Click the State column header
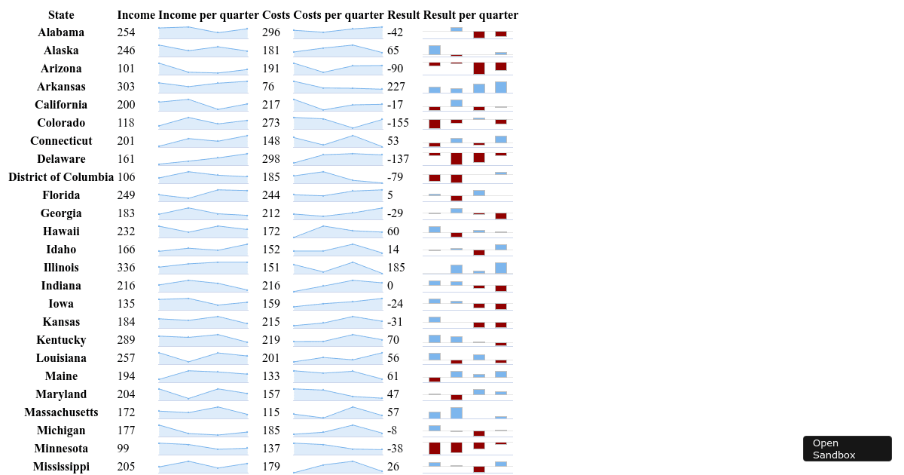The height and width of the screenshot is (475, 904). pyautogui.click(x=61, y=15)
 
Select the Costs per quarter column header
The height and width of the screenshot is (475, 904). pyautogui.click(x=338, y=15)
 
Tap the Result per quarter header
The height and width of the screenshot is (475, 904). pyautogui.click(x=471, y=15)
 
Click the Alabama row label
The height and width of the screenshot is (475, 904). pyautogui.click(x=61, y=32)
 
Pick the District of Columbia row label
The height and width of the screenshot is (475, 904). pyautogui.click(x=61, y=177)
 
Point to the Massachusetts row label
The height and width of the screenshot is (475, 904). pyautogui.click(x=61, y=412)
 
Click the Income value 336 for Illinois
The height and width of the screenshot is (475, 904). pyautogui.click(x=127, y=268)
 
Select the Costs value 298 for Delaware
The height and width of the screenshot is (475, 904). pyautogui.click(x=271, y=159)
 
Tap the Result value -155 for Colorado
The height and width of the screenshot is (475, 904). pyautogui.click(x=398, y=123)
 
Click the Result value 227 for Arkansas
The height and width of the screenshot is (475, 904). pyautogui.click(x=396, y=87)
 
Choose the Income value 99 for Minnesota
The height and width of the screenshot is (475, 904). pyautogui.click(x=124, y=449)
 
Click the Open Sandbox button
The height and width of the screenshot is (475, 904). pyautogui.click(x=847, y=449)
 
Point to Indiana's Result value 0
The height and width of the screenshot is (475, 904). pyautogui.click(x=390, y=286)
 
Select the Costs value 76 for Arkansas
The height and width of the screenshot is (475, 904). pyautogui.click(x=268, y=87)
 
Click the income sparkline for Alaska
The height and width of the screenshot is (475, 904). pyautogui.click(x=203, y=51)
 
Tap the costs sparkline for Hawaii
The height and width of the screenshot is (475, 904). pyautogui.click(x=337, y=231)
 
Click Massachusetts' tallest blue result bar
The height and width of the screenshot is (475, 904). pyautogui.click(x=457, y=413)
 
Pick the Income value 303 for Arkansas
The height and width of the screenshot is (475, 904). pyautogui.click(x=127, y=87)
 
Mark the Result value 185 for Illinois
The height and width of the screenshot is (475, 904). pyautogui.click(x=396, y=268)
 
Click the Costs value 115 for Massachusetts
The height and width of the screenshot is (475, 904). pyautogui.click(x=271, y=412)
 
